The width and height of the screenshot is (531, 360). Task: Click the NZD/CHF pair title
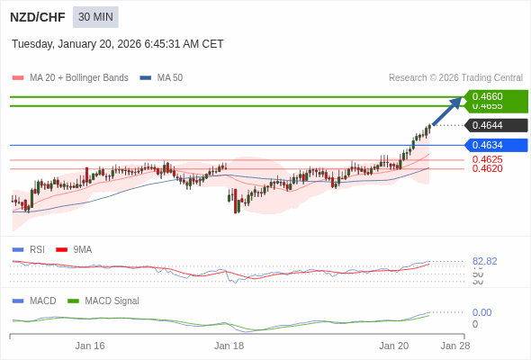tap(36, 17)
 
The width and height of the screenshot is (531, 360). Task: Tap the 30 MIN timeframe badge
tap(95, 17)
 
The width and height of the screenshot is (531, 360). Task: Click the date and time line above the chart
tap(118, 44)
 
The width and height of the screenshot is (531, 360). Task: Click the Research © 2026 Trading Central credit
tap(455, 78)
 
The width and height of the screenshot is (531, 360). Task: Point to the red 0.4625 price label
tap(487, 159)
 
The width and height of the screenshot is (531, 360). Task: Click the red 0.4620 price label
tap(487, 168)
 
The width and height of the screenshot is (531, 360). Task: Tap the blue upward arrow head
tap(458, 101)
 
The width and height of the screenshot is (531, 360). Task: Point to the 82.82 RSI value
tap(484, 261)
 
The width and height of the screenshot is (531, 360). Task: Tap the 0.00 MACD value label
tap(481, 312)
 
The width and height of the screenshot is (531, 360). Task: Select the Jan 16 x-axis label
tap(90, 346)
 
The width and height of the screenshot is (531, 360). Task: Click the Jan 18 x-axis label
tap(229, 346)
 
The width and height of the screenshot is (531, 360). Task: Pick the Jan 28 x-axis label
tap(454, 346)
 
